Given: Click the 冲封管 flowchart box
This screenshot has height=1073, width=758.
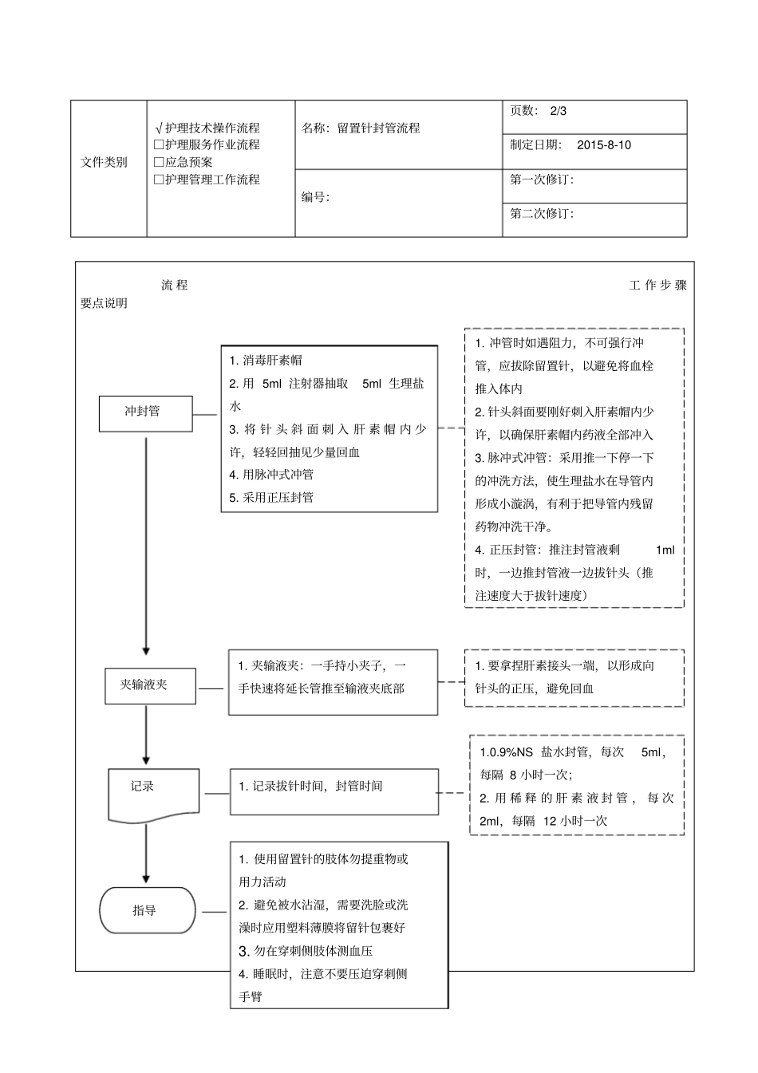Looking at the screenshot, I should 145,413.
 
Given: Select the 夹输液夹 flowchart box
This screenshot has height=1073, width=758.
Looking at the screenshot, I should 150,685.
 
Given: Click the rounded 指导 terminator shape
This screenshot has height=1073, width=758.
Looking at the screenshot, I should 147,910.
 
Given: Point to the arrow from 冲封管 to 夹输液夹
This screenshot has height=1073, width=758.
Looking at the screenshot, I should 146,542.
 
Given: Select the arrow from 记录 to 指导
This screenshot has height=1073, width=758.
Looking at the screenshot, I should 146,854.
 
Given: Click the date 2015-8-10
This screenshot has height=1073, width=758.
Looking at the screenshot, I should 603,145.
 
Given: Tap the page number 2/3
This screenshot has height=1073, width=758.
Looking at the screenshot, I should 558,111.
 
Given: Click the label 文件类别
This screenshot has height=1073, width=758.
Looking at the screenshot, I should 104,162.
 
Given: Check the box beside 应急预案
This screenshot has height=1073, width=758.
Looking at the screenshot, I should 159,162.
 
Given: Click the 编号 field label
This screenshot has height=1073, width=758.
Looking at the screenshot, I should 314,197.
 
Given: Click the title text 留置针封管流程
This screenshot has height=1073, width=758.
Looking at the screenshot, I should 378,128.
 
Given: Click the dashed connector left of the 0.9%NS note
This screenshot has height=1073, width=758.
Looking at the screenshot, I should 453,793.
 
